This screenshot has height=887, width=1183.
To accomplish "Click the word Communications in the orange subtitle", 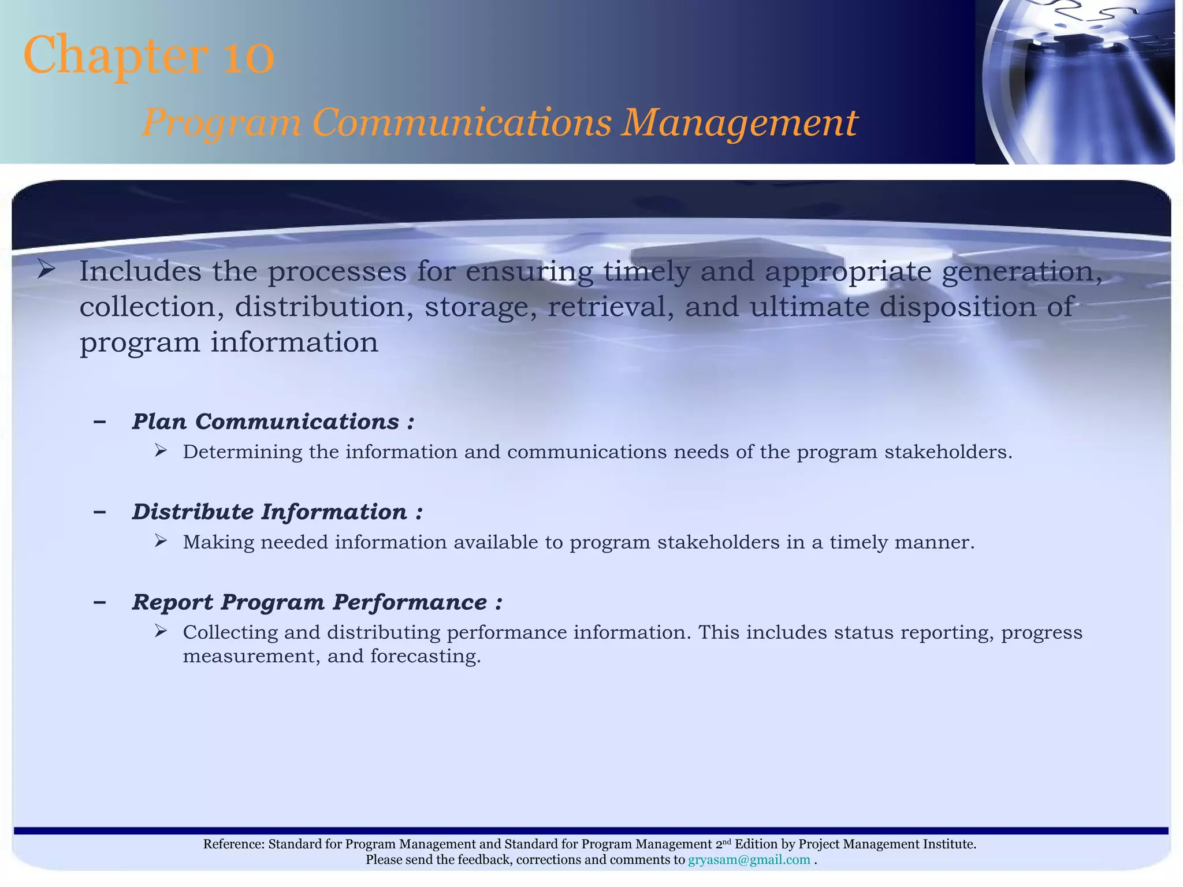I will point(462,123).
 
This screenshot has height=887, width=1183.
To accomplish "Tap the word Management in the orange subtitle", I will point(739,123).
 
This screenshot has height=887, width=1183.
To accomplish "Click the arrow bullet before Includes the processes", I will point(46,269).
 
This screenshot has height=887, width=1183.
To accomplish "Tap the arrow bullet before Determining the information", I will point(161,450).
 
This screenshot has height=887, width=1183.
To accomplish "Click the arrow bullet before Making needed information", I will point(161,541).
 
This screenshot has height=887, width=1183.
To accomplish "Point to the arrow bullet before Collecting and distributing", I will point(161,631).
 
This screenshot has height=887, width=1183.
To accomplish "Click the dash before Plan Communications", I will point(99,422).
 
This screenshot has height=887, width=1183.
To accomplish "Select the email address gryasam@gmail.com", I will point(749,860).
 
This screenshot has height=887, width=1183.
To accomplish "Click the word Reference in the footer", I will point(233,844).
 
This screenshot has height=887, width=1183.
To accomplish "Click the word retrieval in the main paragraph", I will point(611,307).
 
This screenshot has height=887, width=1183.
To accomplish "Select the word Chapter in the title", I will point(116,56).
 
